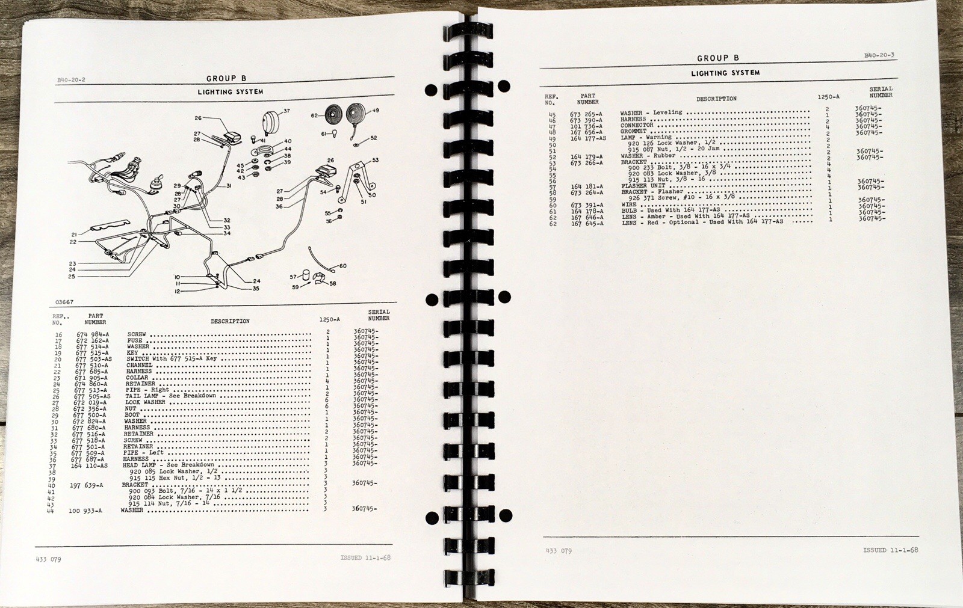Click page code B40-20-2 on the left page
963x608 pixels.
point(72,79)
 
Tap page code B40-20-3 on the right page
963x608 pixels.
point(879,55)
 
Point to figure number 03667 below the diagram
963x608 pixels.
point(64,301)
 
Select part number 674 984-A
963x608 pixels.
point(92,334)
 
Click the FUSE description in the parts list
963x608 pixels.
point(134,340)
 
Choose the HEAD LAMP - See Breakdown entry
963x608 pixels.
point(169,465)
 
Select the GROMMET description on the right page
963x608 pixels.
point(633,131)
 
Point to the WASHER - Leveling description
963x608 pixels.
point(651,112)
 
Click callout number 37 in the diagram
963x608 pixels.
point(286,111)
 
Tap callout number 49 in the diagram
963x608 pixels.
point(376,110)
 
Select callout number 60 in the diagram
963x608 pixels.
point(342,266)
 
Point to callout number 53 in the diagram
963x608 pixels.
point(376,160)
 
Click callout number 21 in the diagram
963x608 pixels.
point(74,235)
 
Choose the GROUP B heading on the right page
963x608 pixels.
point(717,58)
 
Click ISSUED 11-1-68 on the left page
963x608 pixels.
point(365,557)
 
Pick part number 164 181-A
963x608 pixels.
point(586,186)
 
